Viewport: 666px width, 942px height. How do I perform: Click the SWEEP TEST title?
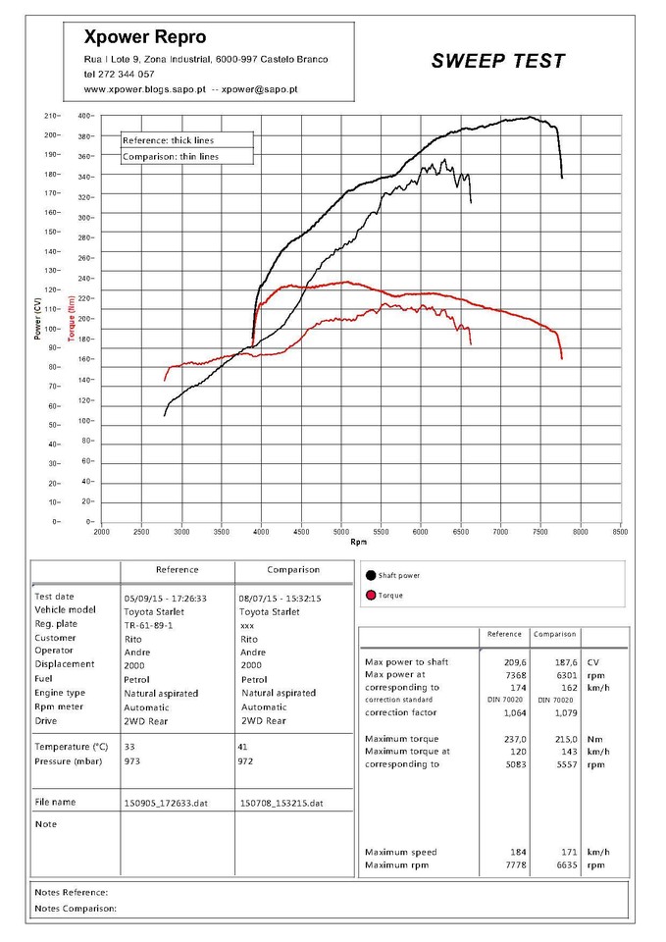click(x=498, y=61)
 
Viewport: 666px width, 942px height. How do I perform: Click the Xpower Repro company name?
click(x=145, y=37)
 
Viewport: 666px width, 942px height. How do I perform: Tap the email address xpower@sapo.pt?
click(x=260, y=89)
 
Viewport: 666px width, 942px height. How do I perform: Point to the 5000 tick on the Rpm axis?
click(x=340, y=531)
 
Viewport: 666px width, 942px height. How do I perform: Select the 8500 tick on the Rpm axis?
click(x=620, y=531)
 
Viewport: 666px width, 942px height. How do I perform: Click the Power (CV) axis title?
click(x=38, y=319)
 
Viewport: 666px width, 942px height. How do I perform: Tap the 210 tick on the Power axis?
click(x=52, y=116)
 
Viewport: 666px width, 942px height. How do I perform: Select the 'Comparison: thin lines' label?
click(x=171, y=156)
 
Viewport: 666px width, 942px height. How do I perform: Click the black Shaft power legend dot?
click(x=370, y=575)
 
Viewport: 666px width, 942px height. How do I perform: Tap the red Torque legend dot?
click(x=370, y=595)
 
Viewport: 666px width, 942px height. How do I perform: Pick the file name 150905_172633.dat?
click(x=165, y=803)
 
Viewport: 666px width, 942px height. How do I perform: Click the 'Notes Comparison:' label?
click(x=76, y=909)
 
